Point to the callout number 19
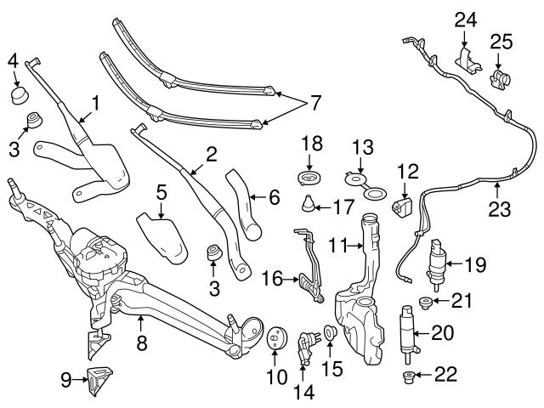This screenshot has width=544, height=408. (474, 265)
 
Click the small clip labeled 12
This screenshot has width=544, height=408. (399, 207)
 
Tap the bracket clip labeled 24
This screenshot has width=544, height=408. (465, 59)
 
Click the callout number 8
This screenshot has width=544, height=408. (142, 343)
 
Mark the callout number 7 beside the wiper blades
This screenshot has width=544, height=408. (315, 103)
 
